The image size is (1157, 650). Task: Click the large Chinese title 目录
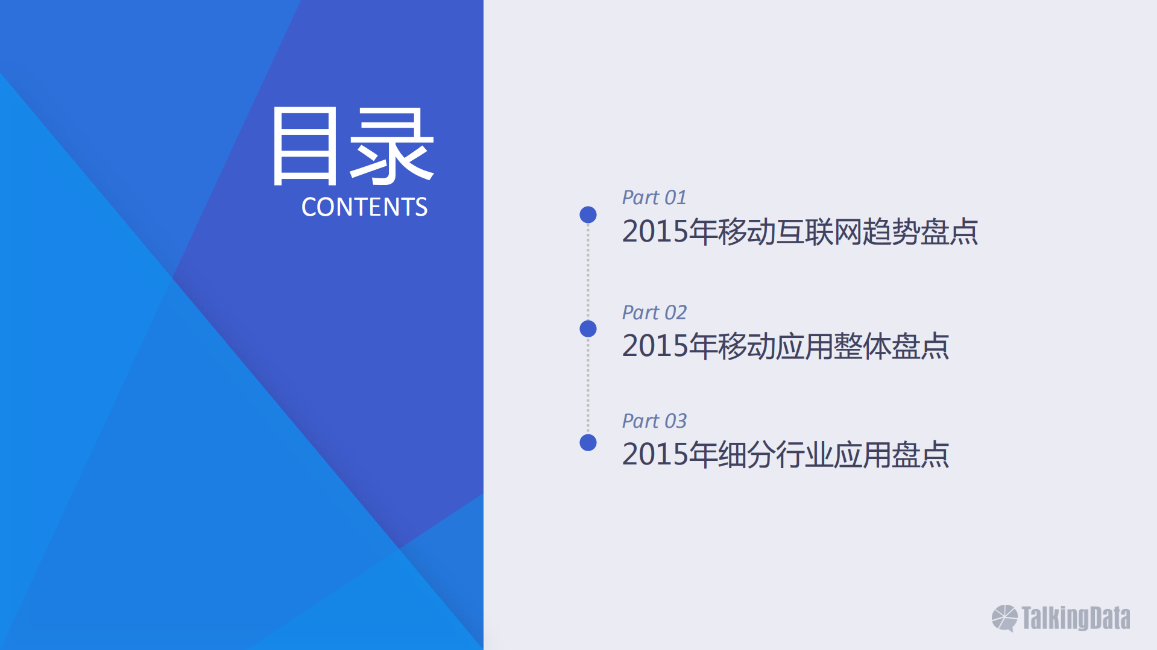[x=353, y=146]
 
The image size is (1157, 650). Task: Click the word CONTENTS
[x=364, y=207]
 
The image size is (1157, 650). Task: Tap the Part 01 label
[x=654, y=198]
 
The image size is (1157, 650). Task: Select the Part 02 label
[x=654, y=313]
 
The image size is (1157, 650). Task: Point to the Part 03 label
[x=654, y=421]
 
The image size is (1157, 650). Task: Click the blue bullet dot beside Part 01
[x=588, y=214]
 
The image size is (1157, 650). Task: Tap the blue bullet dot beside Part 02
[x=588, y=329]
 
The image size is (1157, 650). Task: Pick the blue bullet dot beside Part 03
[x=588, y=443]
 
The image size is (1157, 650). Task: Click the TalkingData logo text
[x=1076, y=618]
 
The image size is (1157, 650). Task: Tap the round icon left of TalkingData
[x=1004, y=618]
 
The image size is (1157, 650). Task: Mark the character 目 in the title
[x=304, y=146]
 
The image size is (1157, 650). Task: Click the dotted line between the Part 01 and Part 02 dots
[x=588, y=272]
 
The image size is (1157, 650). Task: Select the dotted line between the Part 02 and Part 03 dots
[x=588, y=386]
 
